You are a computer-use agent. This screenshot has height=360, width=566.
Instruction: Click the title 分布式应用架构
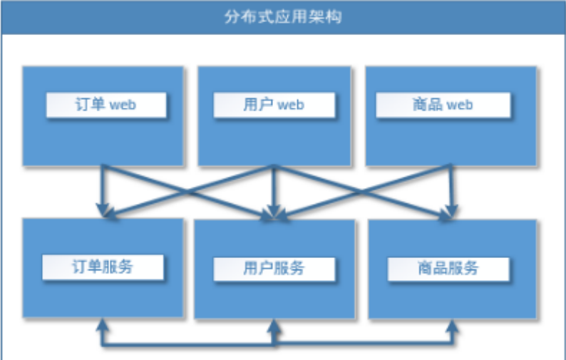pyautogui.click(x=282, y=16)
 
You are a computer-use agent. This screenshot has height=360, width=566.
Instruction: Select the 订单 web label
pyautogui.click(x=106, y=105)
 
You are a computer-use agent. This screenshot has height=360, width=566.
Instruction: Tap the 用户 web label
pyautogui.click(x=274, y=105)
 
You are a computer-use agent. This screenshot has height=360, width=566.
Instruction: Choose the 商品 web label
pyautogui.click(x=443, y=105)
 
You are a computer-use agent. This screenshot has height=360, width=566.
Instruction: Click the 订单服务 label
pyautogui.click(x=103, y=267)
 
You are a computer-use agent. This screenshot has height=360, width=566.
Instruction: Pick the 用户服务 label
pyautogui.click(x=274, y=268)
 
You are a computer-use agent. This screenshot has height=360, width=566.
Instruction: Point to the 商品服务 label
pyautogui.click(x=448, y=268)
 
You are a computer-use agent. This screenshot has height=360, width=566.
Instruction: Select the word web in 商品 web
pyautogui.click(x=460, y=106)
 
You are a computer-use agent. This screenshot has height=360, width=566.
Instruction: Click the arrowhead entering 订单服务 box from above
pyautogui.click(x=103, y=210)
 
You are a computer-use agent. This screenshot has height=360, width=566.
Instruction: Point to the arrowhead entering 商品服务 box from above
pyautogui.click(x=448, y=211)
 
